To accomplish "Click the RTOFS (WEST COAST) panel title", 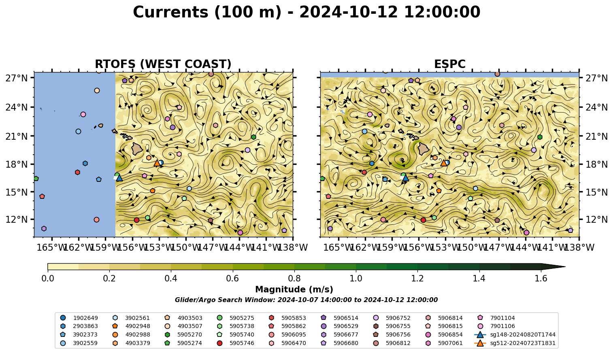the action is click(x=163, y=64).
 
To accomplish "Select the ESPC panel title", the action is click(x=449, y=64).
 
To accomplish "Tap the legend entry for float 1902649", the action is click(x=79, y=318).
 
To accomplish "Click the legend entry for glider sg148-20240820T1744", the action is click(x=515, y=334).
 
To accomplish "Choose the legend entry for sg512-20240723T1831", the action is click(x=515, y=343).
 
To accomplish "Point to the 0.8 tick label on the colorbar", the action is click(x=294, y=279).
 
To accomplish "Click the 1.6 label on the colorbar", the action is click(x=541, y=279).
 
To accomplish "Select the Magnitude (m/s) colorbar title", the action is click(x=294, y=290).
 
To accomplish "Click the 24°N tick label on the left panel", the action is click(x=17, y=107).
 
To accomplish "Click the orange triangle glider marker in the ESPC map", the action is click(x=444, y=163).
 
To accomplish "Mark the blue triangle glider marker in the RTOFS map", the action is click(x=119, y=178).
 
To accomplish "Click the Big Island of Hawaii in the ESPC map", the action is click(x=424, y=149).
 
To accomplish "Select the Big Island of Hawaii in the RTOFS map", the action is click(x=137, y=149).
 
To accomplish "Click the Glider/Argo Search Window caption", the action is click(x=306, y=300).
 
